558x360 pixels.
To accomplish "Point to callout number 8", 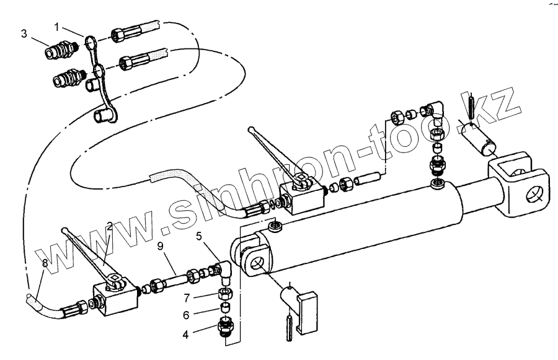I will point(44,263).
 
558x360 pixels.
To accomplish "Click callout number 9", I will point(161,246).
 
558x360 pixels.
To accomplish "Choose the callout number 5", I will point(199,235).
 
